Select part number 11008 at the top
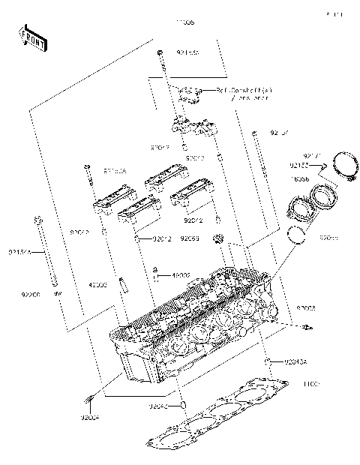pos(184,23)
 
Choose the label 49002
pos(181,276)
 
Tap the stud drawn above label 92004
pos(91,397)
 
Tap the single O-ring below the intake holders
pos(298,236)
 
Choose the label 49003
pos(99,285)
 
